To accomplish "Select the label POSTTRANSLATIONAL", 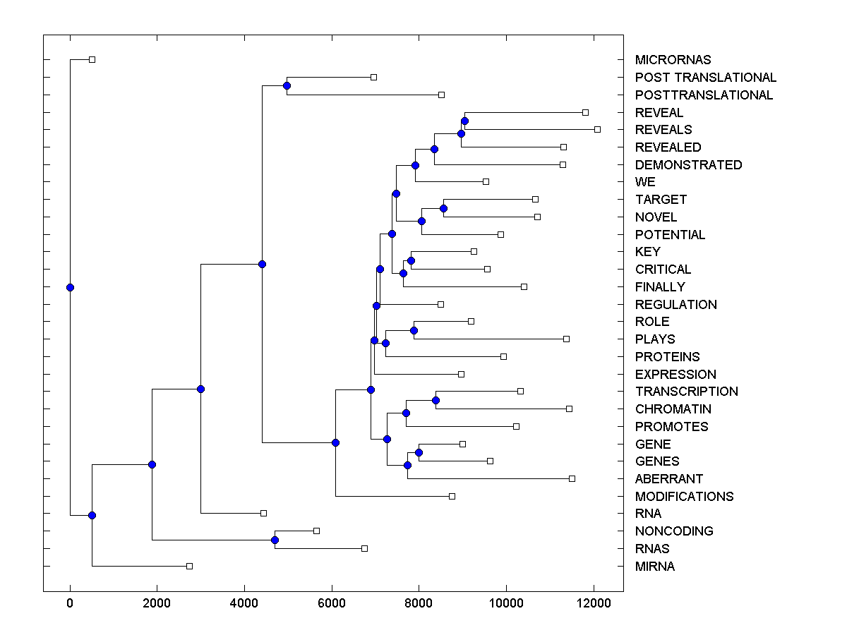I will [704, 95].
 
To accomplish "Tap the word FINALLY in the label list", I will [659, 287].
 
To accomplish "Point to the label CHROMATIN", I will [673, 409].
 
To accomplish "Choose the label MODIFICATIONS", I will [684, 497].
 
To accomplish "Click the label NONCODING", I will [674, 531].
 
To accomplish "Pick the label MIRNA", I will [654, 567].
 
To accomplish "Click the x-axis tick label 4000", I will [244, 603].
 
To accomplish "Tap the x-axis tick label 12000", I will [593, 603].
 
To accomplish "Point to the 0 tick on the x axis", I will [70, 603].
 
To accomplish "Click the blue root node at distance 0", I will [70, 287].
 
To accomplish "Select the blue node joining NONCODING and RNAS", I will [275, 540].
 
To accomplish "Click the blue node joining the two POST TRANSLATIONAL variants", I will [287, 85].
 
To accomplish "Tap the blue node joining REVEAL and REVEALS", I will [464, 121].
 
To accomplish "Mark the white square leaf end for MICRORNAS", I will [92, 59].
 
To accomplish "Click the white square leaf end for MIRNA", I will [189, 566].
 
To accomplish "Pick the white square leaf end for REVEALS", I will [597, 129].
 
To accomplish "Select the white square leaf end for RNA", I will [263, 513].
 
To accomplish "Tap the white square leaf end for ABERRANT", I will [572, 478].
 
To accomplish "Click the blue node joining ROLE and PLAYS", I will [414, 330].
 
